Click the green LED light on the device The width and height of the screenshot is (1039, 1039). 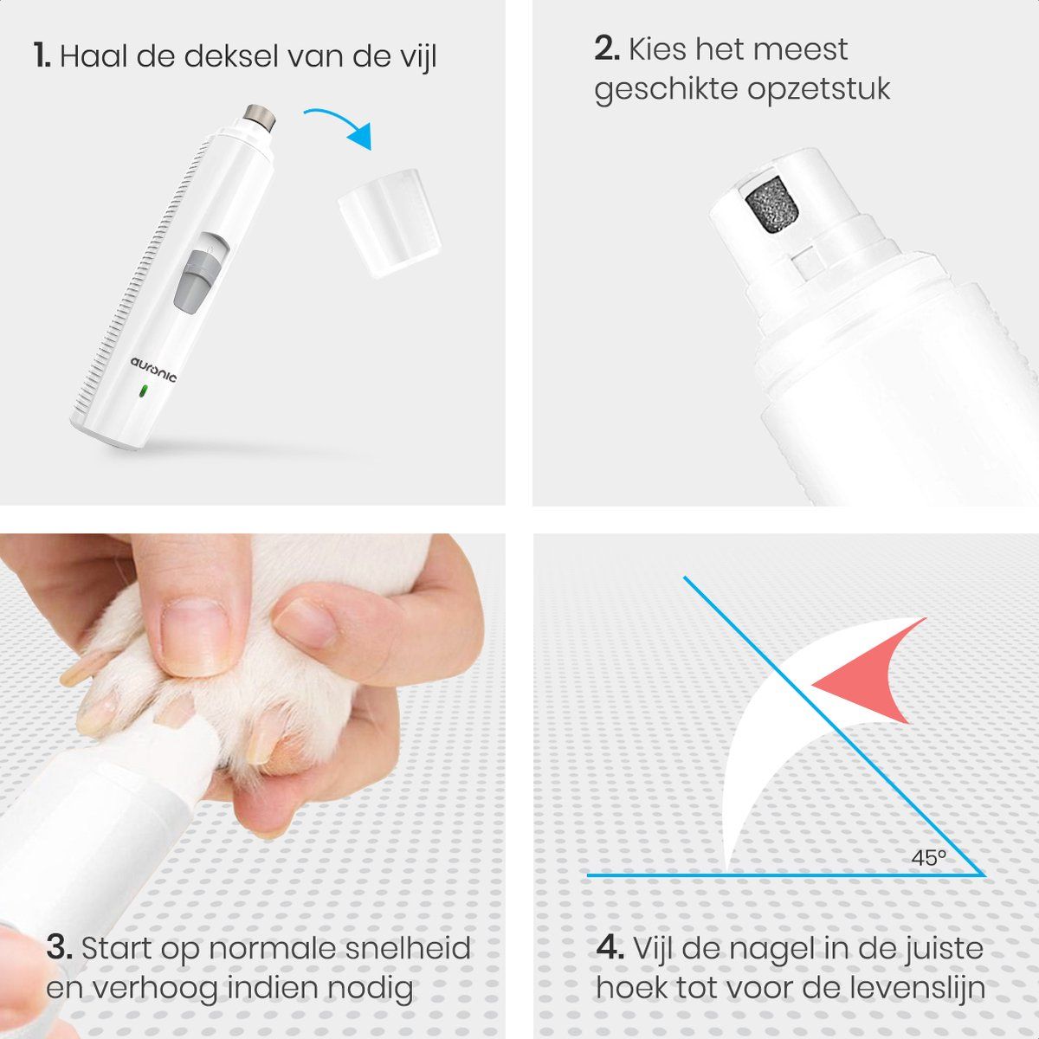click(144, 391)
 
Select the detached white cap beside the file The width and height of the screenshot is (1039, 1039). click(390, 223)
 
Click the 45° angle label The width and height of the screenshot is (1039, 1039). click(928, 857)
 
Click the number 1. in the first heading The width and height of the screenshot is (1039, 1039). click(42, 56)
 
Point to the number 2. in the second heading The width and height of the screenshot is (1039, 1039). click(607, 48)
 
